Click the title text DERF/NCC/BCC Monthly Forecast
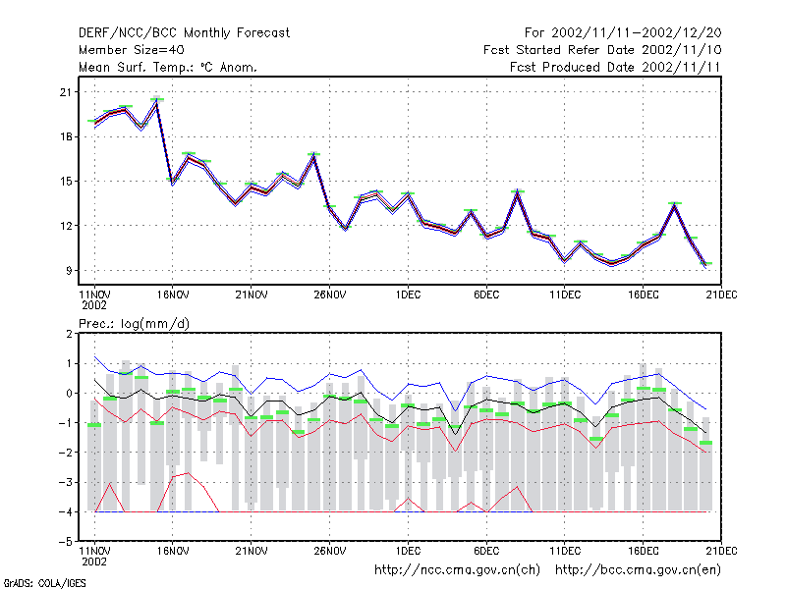[184, 33]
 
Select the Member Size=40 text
[132, 50]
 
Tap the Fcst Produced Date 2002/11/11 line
[615, 67]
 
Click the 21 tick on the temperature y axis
[66, 92]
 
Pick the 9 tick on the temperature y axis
[69, 271]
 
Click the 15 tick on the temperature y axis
[66, 182]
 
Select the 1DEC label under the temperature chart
[408, 294]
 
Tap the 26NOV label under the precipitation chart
[330, 551]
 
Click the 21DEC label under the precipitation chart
[721, 551]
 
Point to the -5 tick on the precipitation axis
[66, 542]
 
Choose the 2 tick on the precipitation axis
[69, 334]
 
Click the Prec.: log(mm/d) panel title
[134, 324]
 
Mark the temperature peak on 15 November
[157, 100]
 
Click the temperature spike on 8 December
[518, 191]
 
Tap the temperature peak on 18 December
[675, 203]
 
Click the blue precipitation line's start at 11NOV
[94, 356]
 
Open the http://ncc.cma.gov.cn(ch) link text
[457, 570]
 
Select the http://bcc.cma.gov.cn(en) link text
[638, 570]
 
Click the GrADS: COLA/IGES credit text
[44, 583]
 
